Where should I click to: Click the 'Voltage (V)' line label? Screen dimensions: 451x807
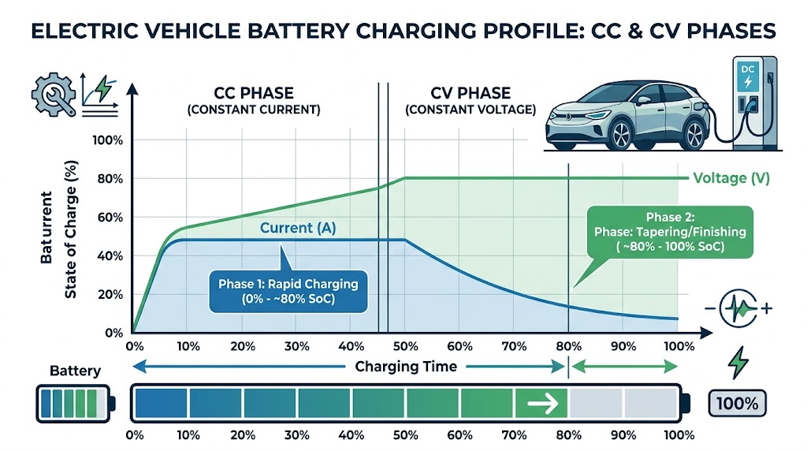730,178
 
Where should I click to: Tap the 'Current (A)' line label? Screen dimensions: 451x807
298,229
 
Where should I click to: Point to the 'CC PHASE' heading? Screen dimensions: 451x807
254,93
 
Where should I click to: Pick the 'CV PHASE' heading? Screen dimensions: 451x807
470,93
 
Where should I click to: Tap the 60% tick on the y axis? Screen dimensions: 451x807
110,217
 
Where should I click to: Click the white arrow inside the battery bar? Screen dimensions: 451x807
541,404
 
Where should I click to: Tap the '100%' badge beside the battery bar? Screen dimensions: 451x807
738,404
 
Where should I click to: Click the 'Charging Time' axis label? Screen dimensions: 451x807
406,367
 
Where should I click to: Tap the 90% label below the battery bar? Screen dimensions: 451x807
623,435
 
